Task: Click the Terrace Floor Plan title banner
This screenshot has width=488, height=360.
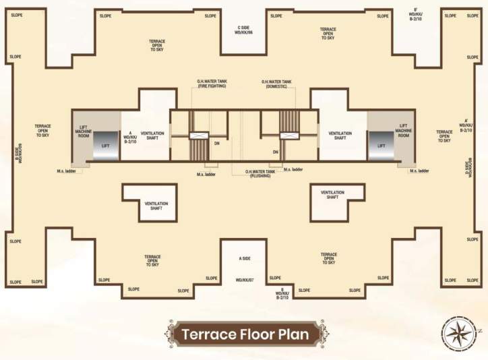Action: point(245,334)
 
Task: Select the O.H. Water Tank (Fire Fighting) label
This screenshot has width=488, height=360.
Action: point(212,84)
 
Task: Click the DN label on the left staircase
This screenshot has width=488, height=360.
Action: point(217,142)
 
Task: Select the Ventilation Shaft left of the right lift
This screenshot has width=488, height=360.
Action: point(340,136)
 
